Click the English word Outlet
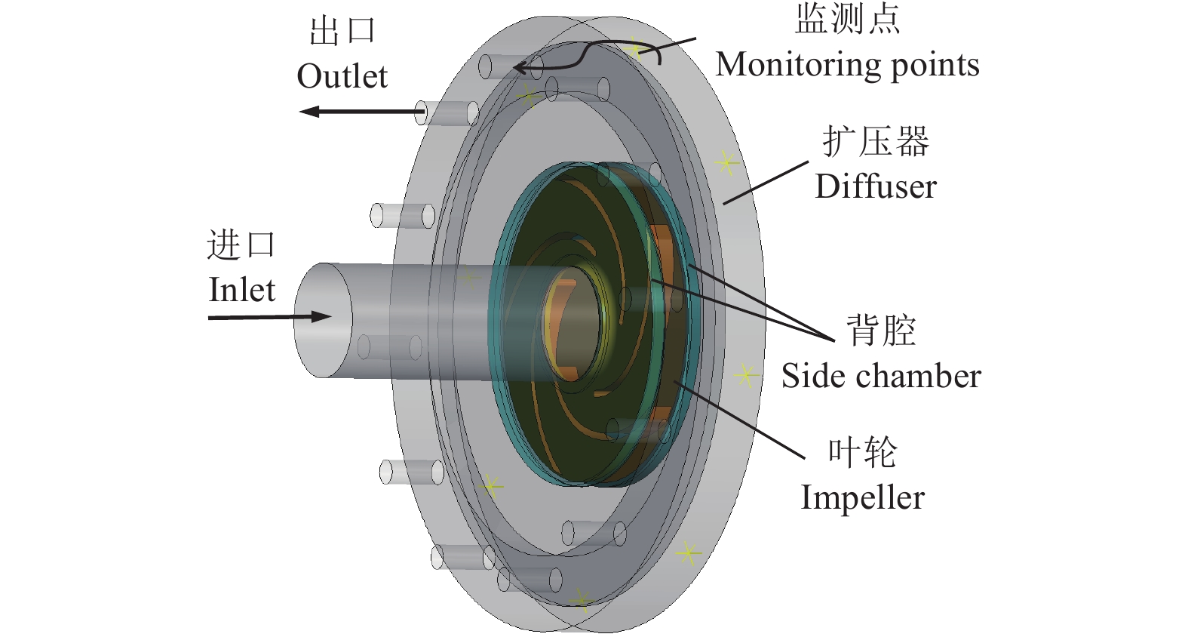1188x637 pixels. [x=342, y=76]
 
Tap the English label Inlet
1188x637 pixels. [x=241, y=290]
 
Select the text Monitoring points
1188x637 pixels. [x=847, y=65]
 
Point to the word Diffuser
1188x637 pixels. [x=876, y=186]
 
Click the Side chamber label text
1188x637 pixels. [x=881, y=376]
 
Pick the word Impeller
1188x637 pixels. [x=862, y=497]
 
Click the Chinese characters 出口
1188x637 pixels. [x=342, y=32]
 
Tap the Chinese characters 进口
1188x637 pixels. [x=241, y=246]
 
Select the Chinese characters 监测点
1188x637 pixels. [x=847, y=20]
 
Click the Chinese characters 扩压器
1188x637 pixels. [x=876, y=142]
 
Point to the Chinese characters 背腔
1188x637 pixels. [x=881, y=331]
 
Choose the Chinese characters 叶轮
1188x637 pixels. [x=862, y=452]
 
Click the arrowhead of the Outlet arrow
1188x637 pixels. [x=308, y=112]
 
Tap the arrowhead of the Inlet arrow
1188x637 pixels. [x=323, y=316]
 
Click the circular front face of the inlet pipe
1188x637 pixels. [x=323, y=321]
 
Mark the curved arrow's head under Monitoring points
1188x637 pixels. [x=520, y=69]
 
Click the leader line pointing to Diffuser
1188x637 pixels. [x=766, y=182]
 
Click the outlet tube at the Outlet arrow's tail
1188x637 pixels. [x=450, y=113]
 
